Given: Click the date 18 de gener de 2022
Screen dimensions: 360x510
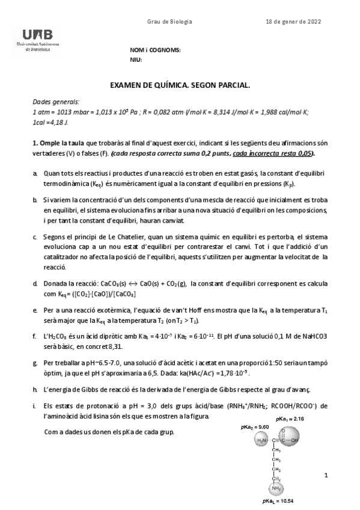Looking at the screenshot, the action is click(293, 22).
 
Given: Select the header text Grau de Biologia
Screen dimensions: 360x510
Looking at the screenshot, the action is click(169, 22).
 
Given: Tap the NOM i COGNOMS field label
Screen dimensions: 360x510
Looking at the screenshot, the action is click(155, 50).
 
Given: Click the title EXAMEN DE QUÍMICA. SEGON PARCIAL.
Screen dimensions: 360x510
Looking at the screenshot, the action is click(180, 86).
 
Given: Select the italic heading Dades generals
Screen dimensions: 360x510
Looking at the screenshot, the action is click(56, 103).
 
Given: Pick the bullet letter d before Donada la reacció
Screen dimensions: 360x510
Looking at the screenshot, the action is click(35, 283).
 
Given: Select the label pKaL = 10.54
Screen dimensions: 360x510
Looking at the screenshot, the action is click(277, 500).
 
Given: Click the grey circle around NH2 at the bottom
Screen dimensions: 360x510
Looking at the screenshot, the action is click(277, 488).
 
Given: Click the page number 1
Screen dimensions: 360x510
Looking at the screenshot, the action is click(325, 475).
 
